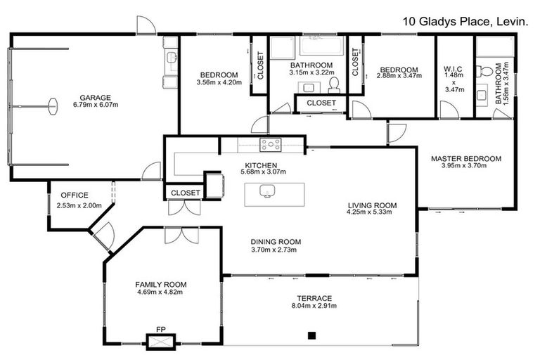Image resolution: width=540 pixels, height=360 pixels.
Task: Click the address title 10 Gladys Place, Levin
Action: tap(465, 22)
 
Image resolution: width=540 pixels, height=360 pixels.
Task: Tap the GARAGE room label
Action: tap(94, 98)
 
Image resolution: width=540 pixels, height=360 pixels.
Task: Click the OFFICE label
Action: tap(74, 195)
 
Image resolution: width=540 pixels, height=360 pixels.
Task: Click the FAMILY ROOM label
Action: tap(160, 285)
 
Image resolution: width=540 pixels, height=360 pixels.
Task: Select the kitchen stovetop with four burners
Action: tap(271, 145)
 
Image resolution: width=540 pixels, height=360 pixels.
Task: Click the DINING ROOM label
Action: tap(276, 241)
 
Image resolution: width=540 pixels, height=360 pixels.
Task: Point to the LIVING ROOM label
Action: tap(372, 206)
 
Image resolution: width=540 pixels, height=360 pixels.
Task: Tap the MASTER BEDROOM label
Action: tap(466, 159)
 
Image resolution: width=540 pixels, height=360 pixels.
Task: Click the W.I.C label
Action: tap(451, 69)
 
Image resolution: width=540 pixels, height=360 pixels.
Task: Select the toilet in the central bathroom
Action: tap(333, 85)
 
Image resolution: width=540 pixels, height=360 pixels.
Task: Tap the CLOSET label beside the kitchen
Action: tap(186, 192)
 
